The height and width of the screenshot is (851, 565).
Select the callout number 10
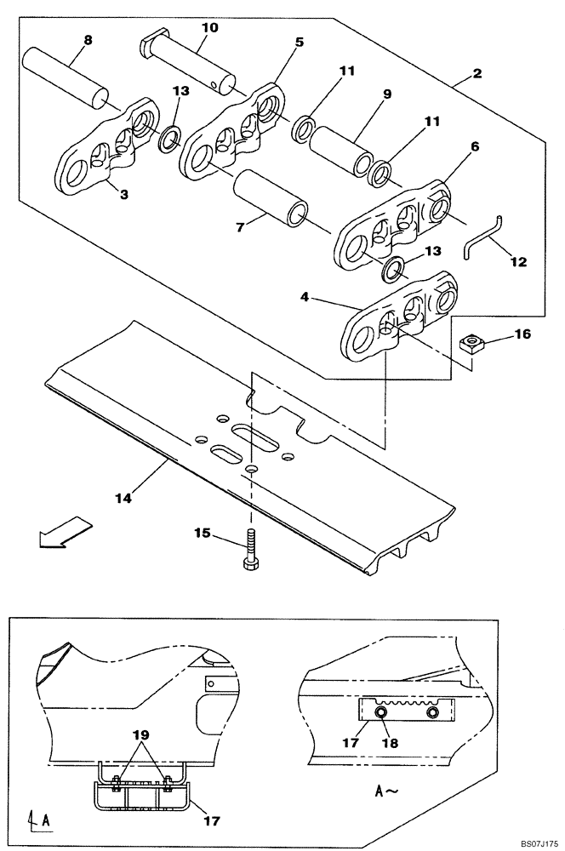(209, 27)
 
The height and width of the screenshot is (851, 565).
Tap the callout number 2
(477, 73)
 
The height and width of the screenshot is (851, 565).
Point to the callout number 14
(123, 499)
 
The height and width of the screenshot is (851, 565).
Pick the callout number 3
(123, 195)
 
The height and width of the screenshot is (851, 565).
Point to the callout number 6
(475, 146)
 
